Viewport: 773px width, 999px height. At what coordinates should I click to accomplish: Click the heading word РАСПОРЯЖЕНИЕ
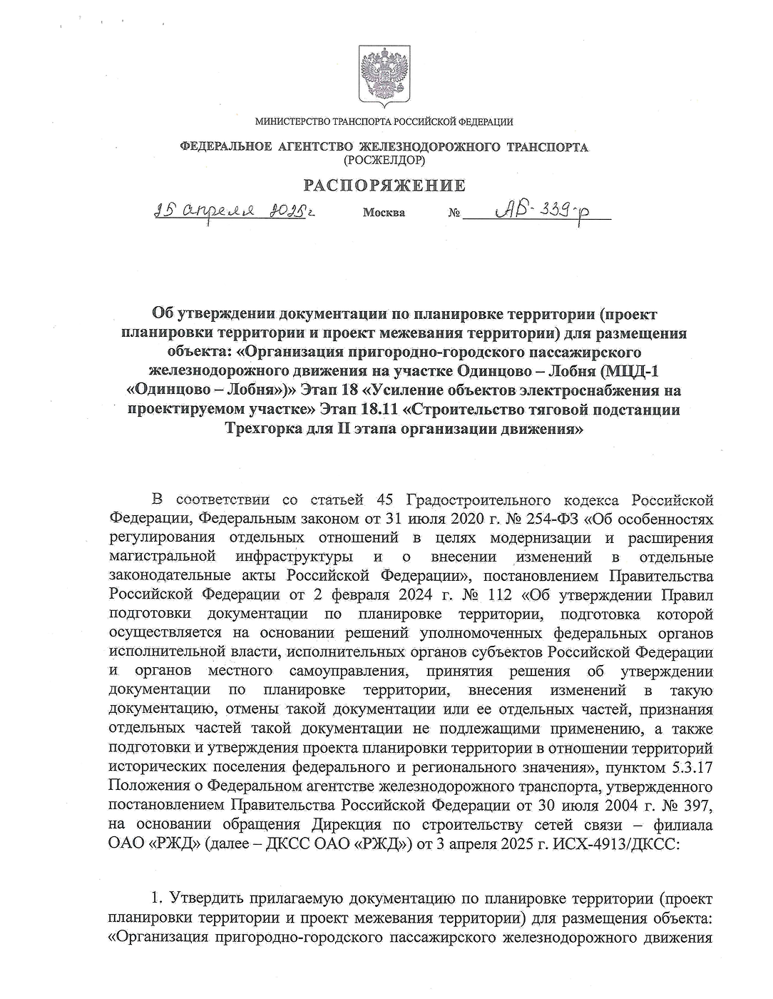pyautogui.click(x=385, y=186)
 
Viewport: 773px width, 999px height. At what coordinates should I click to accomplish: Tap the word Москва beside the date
pyautogui.click(x=384, y=213)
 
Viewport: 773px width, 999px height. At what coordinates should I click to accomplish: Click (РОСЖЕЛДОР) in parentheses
pyautogui.click(x=384, y=161)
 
